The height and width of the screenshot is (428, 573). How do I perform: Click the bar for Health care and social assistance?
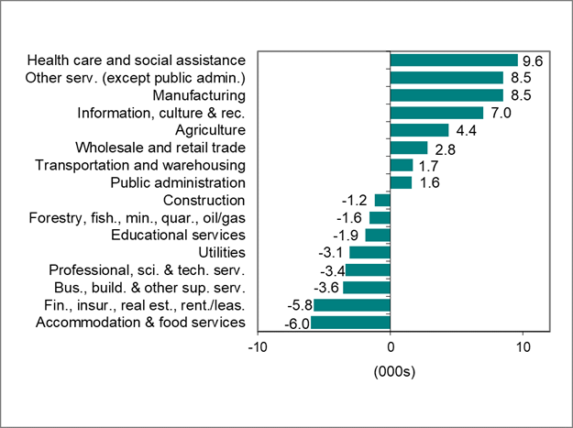click(454, 60)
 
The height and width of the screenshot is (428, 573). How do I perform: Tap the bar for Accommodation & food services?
click(350, 323)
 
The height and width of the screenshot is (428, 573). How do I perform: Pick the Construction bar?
click(382, 200)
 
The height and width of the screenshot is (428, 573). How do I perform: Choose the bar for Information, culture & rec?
click(436, 113)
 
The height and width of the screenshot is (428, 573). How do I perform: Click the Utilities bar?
click(369, 252)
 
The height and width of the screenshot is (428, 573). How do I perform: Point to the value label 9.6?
click(534, 60)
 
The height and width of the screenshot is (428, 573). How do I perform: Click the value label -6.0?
click(294, 323)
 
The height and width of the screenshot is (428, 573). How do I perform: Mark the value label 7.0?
click(499, 113)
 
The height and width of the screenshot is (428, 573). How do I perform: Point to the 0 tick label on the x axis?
click(391, 348)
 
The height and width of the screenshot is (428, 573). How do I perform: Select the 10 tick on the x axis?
click(523, 348)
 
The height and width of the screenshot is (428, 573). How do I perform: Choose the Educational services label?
click(178, 235)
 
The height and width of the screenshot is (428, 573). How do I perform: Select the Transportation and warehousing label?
click(140, 165)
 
